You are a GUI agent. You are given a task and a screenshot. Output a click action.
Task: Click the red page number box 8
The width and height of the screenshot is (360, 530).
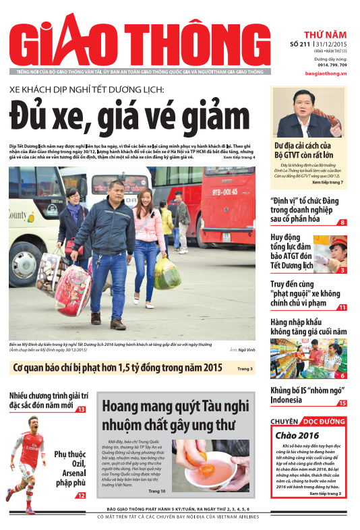coord(342,223)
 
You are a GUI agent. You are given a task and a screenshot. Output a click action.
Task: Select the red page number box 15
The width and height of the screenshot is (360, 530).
coord(342,403)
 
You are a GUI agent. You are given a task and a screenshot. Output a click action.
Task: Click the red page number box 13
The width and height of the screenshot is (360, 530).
coord(81,409)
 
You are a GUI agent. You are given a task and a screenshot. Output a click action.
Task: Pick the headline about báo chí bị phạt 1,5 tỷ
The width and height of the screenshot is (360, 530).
coord(118,368)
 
